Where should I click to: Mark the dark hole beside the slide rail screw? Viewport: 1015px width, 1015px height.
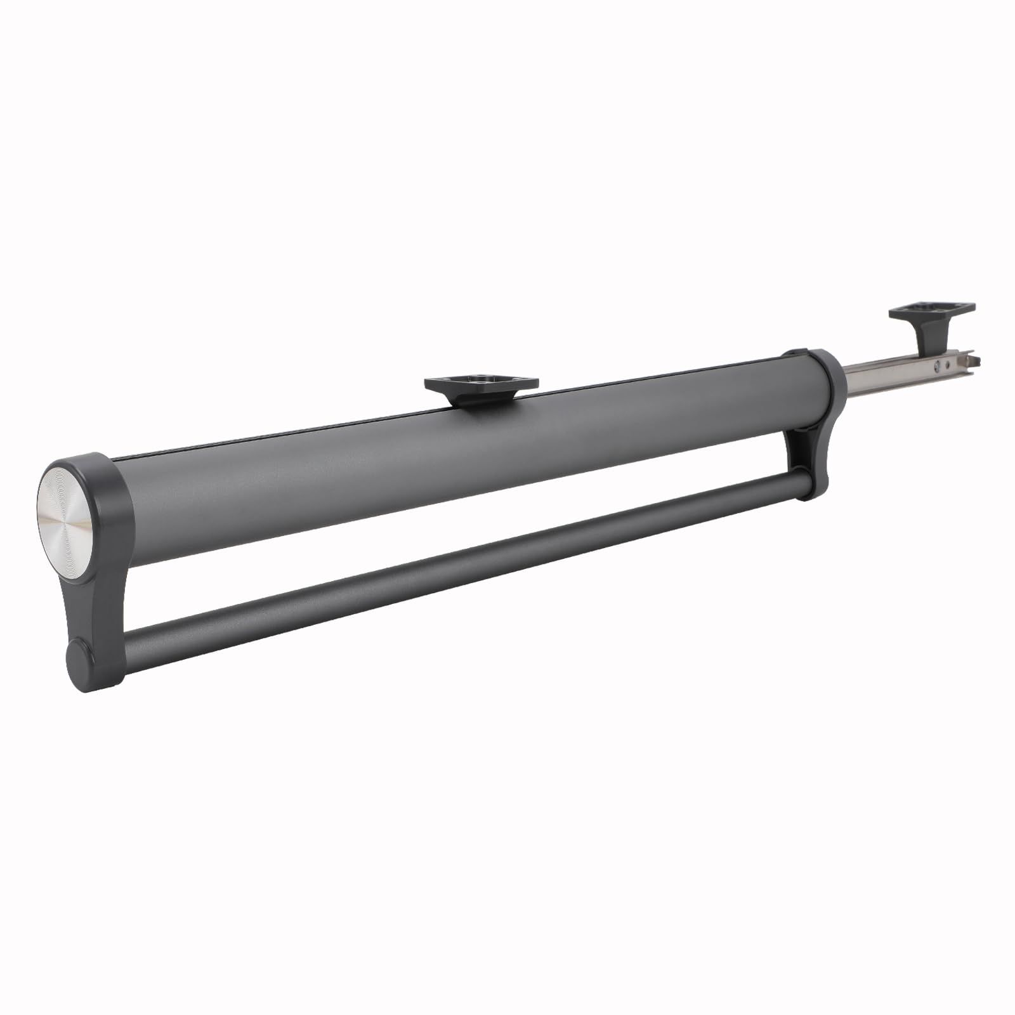[x=947, y=363]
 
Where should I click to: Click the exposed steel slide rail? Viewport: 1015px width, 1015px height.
[x=888, y=374]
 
